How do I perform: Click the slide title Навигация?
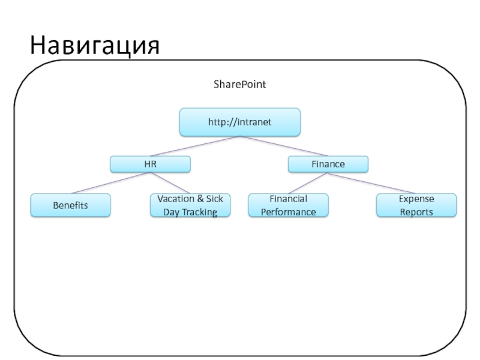[95, 46]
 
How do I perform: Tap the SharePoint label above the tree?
[239, 84]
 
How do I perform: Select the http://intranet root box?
[239, 122]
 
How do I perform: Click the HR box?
[151, 164]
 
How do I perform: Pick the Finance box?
[328, 164]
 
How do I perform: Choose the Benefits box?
[70, 205]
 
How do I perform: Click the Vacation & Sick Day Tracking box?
[190, 205]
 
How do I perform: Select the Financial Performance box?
[289, 205]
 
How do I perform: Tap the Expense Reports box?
[416, 205]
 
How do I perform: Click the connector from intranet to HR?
[195, 146]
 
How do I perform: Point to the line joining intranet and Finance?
[284, 146]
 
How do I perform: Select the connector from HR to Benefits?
[110, 183]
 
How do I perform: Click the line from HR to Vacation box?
[170, 183]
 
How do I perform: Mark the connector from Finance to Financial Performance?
[308, 183]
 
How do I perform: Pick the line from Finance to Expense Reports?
[372, 183]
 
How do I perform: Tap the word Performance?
[289, 212]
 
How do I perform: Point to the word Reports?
[416, 212]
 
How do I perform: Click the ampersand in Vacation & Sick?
[200, 199]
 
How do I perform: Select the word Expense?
[416, 199]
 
